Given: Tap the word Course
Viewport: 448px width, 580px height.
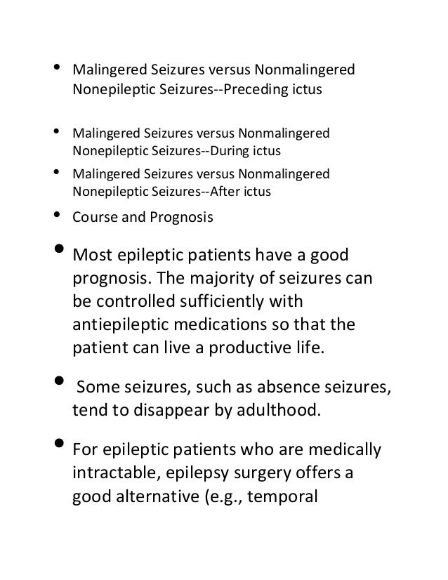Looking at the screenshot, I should coord(94,218).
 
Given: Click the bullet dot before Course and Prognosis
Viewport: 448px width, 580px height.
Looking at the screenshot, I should coord(55,215).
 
